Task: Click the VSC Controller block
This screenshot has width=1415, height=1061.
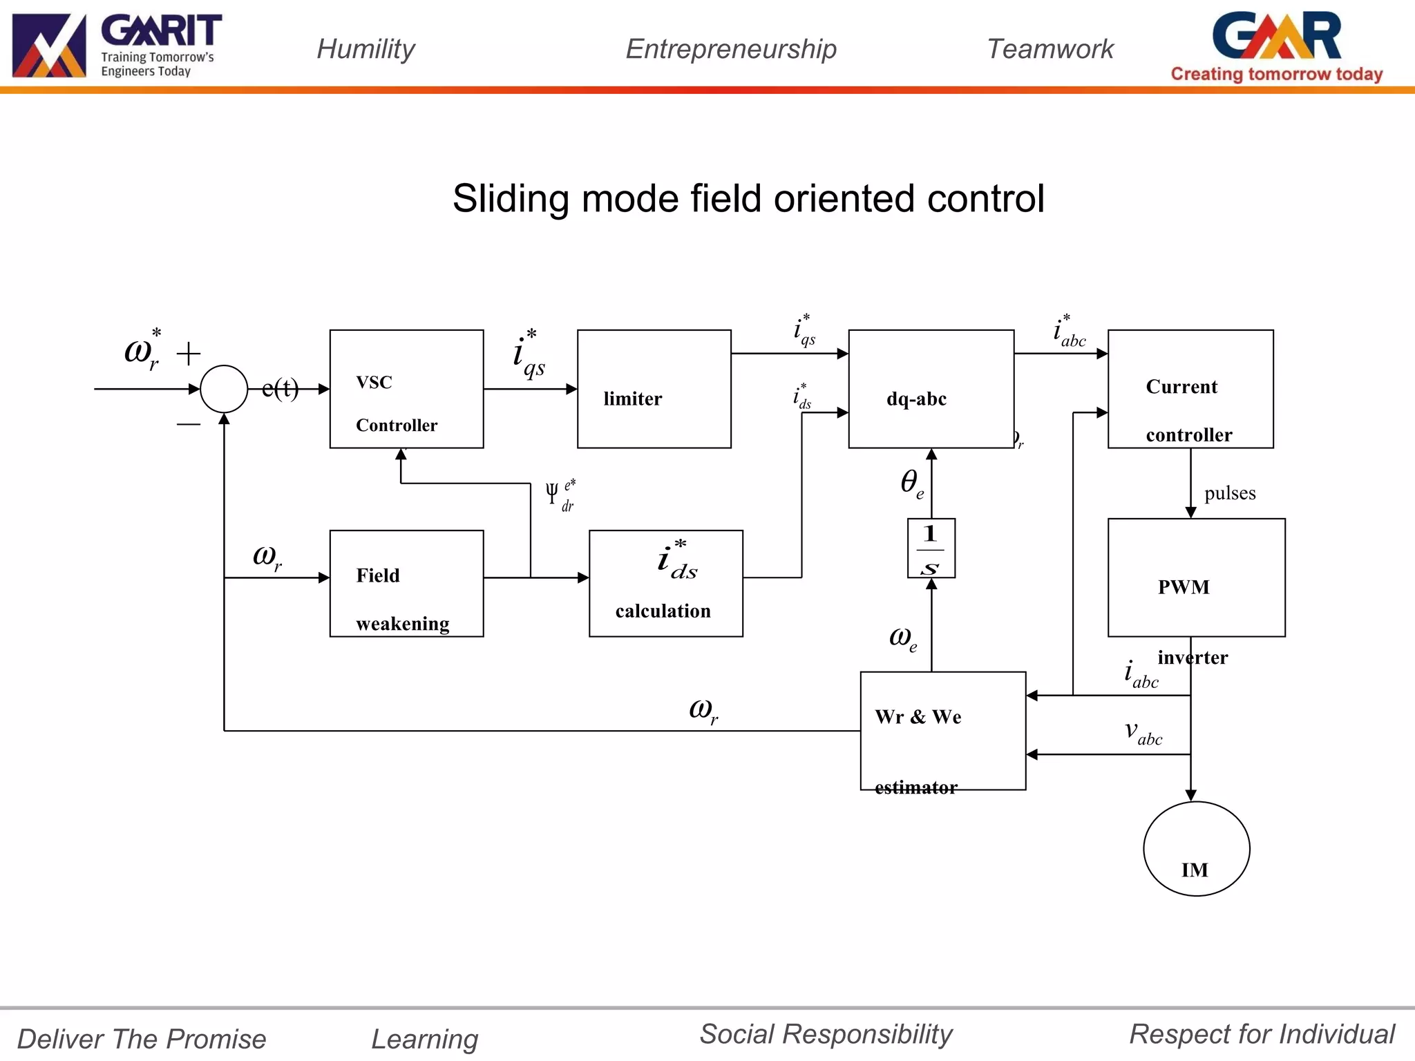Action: point(406,389)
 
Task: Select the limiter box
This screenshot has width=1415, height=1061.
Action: point(654,389)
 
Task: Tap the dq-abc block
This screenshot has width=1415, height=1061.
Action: point(931,389)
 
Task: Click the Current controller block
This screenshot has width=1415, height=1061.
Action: point(1190,389)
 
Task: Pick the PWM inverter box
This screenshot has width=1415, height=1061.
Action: point(1196,577)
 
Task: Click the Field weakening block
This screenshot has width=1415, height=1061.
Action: point(406,583)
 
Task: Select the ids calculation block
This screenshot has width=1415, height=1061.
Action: point(665,583)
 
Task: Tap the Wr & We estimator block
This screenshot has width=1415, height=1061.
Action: point(942,730)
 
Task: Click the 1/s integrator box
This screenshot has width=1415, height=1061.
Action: point(931,548)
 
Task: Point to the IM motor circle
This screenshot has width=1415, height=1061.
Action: point(1196,848)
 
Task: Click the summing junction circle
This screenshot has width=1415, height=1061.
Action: point(224,389)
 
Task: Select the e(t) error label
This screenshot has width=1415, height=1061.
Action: point(280,389)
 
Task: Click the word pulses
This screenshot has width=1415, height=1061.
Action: point(1230,493)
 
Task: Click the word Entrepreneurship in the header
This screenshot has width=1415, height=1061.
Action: point(731,49)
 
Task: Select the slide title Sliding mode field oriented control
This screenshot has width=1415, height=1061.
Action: point(748,199)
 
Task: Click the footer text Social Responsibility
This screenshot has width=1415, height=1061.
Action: point(826,1034)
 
